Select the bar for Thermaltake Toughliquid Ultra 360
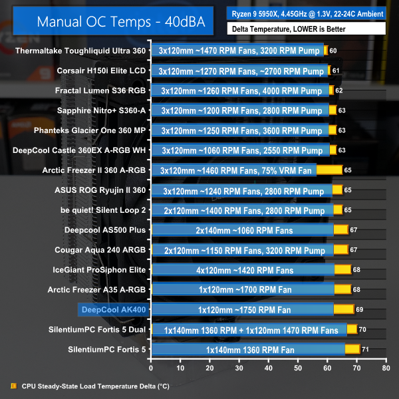tap(239, 51)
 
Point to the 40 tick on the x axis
tap(268, 367)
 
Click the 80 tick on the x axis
tap(385, 367)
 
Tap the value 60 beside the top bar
tap(333, 51)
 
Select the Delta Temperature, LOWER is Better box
tap(307, 29)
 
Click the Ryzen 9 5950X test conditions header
tap(307, 13)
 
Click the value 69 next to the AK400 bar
tap(360, 310)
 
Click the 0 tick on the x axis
tap(152, 367)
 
